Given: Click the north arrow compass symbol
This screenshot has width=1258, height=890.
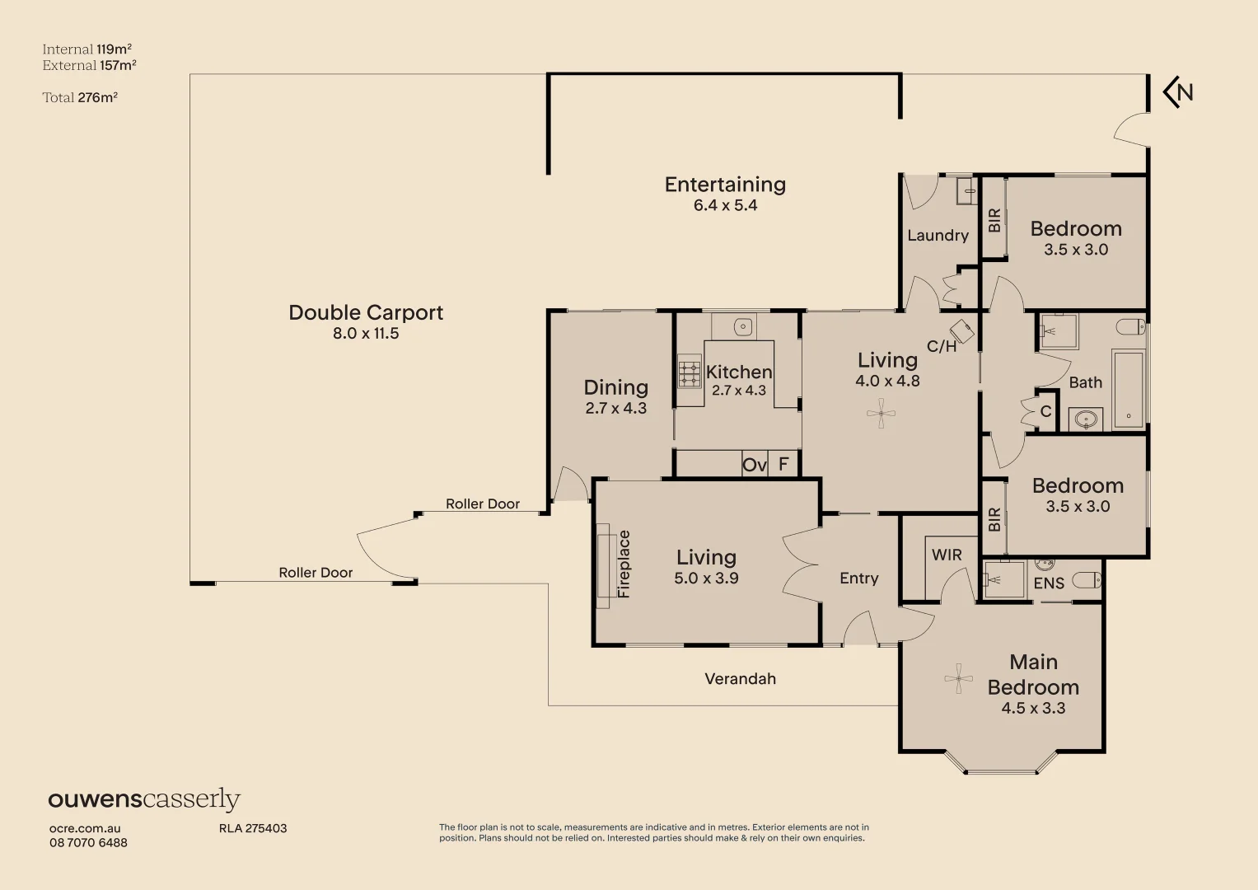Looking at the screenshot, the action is coord(1178,92).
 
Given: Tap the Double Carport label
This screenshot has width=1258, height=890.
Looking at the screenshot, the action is coord(366,312).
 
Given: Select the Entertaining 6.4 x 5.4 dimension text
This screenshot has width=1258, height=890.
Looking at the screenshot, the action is coord(725,205).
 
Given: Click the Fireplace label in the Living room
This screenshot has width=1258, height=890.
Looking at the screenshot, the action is coord(624,564).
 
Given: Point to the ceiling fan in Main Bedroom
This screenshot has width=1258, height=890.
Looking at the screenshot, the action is coord(958,679).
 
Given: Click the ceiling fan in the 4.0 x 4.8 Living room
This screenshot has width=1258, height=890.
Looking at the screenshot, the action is coord(881,414).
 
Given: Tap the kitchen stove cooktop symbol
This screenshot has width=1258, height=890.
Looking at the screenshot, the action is coord(689,372).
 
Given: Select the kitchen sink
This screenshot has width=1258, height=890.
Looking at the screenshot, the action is coord(742,326).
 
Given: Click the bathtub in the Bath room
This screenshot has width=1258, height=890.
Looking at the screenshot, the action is coord(1129,389).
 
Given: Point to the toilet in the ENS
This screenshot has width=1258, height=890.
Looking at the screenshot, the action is coord(1087,580).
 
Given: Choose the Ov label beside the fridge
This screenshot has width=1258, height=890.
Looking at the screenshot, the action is coord(755,465).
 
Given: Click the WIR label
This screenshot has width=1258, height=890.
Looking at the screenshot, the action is coord(947,555).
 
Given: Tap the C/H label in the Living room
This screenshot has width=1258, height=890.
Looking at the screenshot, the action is coord(942,346).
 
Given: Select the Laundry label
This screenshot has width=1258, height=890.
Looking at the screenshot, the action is coord(938,236).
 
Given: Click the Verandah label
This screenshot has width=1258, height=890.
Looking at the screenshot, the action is coord(740,679).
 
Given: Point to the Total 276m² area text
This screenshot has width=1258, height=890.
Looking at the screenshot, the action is coord(80,97).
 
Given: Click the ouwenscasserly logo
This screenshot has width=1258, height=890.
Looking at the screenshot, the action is coord(144,799).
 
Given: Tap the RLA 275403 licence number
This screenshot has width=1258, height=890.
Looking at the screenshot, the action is coord(253,828).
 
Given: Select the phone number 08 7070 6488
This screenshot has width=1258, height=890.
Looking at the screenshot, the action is coord(88,843).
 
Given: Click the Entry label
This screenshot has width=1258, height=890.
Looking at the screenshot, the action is coord(858,578).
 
